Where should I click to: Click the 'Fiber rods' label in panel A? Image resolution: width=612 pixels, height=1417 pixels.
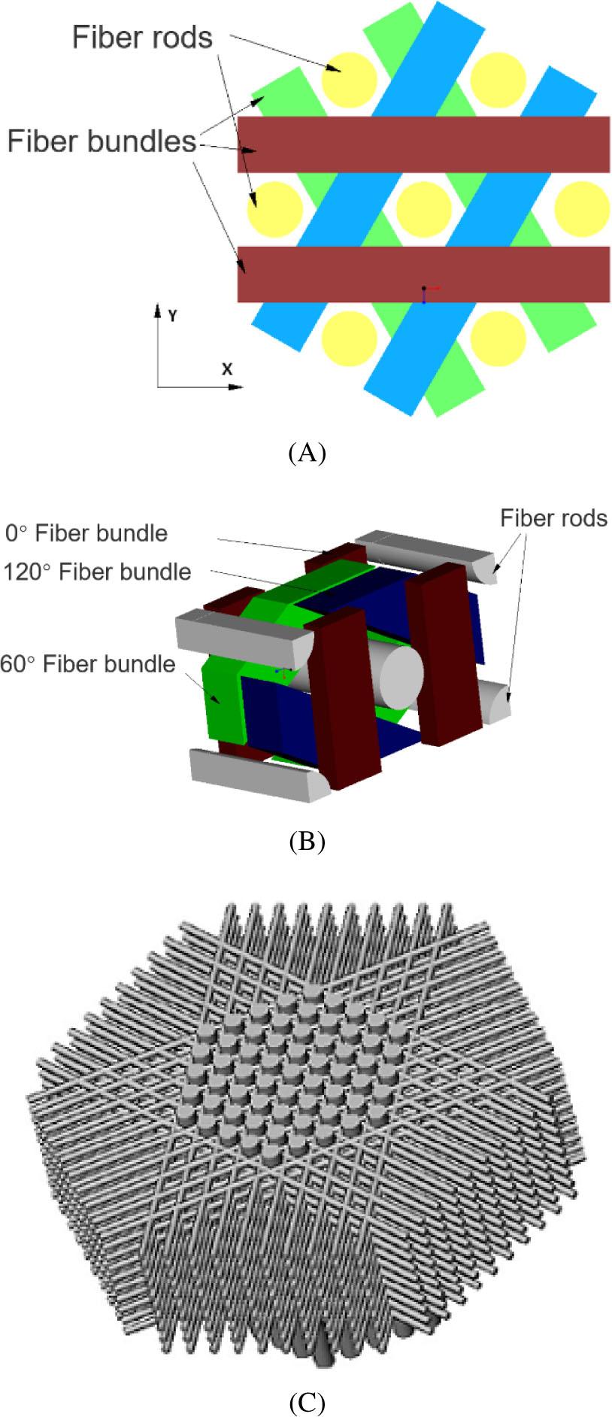pyautogui.click(x=142, y=38)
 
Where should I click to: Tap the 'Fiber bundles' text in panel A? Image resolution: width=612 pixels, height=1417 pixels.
pyautogui.click(x=101, y=141)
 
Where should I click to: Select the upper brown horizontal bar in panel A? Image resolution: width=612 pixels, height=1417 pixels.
pyautogui.click(x=423, y=144)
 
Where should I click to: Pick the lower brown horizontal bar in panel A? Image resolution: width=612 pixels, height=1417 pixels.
pyautogui.click(x=423, y=275)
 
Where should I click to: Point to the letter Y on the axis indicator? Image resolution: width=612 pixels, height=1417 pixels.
pyautogui.click(x=173, y=316)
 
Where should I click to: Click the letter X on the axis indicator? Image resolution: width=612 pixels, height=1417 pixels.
pyautogui.click(x=226, y=369)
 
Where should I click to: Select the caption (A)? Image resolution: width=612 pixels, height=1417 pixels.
pyautogui.click(x=306, y=453)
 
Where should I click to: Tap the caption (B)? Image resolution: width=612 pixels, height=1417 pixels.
pyautogui.click(x=306, y=841)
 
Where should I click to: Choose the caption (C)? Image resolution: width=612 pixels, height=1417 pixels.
pyautogui.click(x=306, y=1402)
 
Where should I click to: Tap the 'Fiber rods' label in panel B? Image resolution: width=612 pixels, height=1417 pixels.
pyautogui.click(x=553, y=518)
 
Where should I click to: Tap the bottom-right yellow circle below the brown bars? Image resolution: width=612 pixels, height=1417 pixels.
pyautogui.click(x=498, y=337)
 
